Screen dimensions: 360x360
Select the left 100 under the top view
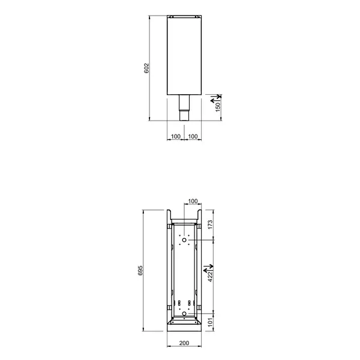click(176, 137)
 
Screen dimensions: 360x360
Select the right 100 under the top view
click(193, 137)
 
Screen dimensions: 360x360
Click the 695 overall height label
click(139, 270)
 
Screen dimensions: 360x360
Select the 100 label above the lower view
click(193, 201)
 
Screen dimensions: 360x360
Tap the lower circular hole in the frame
click(184, 313)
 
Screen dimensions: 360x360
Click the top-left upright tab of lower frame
click(169, 215)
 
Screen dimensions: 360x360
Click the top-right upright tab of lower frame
click(199, 215)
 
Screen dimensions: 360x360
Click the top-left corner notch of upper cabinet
click(169, 16)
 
